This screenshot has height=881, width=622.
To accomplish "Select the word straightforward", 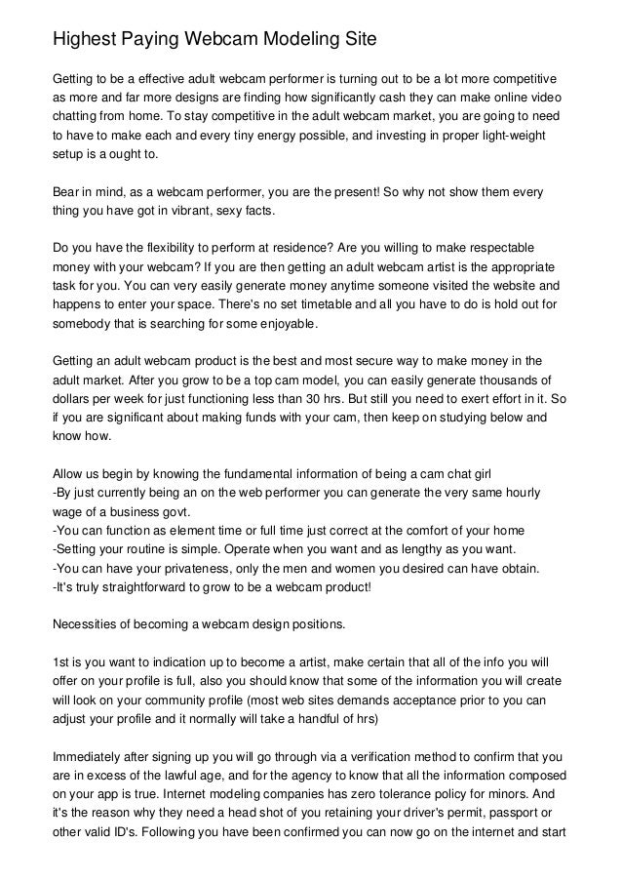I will click(137, 588).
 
